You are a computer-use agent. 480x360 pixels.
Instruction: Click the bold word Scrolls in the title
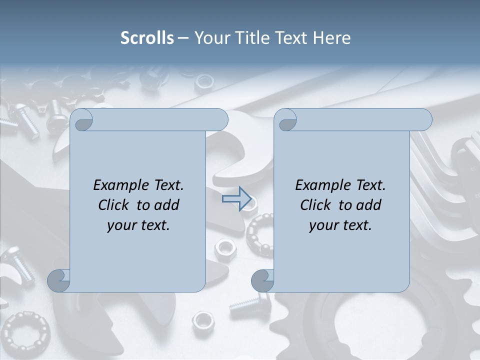tap(147, 38)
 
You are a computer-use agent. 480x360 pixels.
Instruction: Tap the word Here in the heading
tap(331, 38)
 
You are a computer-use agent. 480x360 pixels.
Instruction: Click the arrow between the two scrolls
tap(236, 199)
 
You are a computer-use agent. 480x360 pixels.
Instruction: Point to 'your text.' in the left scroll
tap(138, 225)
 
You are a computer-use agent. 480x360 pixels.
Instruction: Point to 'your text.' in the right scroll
tap(340, 225)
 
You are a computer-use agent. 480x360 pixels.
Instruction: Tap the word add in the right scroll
tap(369, 205)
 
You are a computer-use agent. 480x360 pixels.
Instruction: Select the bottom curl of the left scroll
tap(58, 281)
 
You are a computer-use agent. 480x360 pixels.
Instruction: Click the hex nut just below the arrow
tap(225, 246)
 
